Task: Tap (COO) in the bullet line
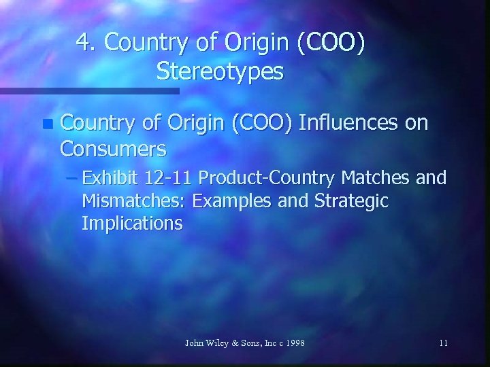point(258,122)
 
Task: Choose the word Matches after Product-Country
point(376,179)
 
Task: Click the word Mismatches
point(135,201)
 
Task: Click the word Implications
point(131,224)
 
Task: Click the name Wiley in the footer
point(215,343)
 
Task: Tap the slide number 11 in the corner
point(443,343)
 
